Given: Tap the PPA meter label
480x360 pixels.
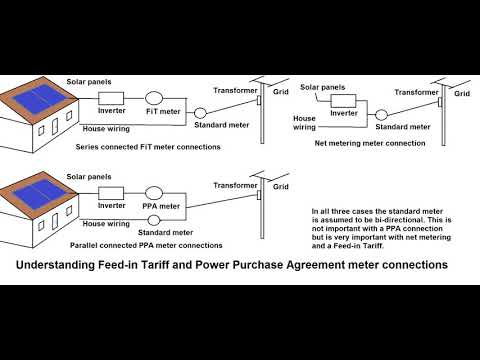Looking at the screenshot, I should click(160, 207).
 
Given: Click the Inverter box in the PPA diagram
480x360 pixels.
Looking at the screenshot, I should click(110, 191).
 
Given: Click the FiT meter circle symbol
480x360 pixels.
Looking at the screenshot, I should click(154, 98).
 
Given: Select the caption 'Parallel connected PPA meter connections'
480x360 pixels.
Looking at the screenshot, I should click(146, 244).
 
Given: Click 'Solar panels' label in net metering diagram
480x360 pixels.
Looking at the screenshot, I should click(326, 88).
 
